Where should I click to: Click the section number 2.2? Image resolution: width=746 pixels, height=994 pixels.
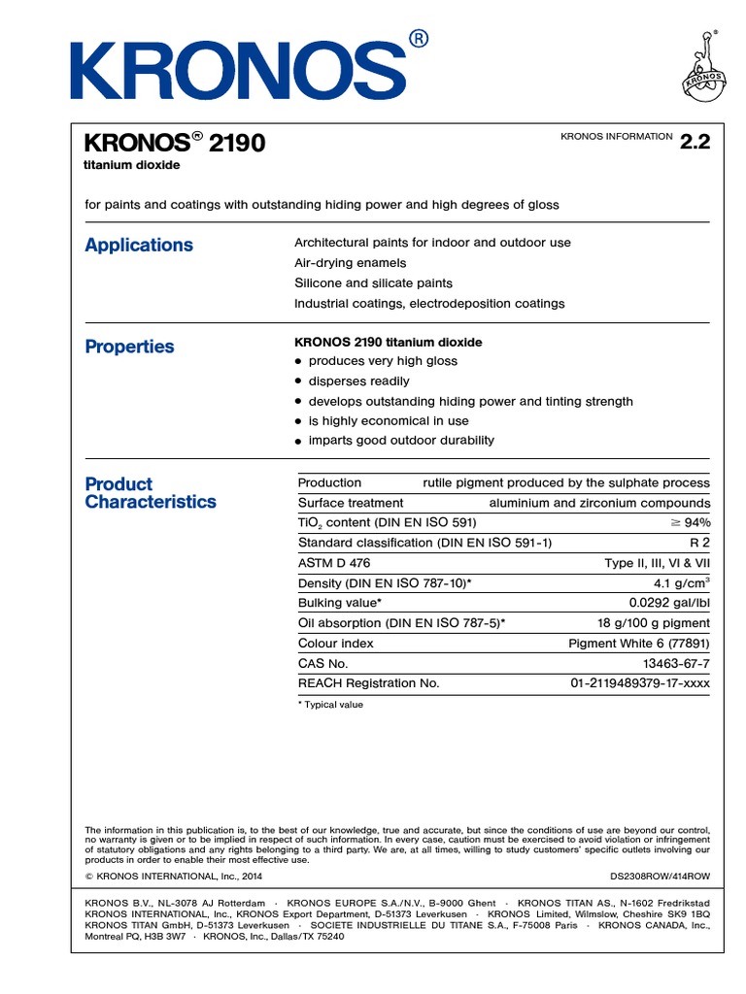pyautogui.click(x=695, y=142)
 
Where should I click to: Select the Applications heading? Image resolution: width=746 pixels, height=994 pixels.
pyautogui.click(x=139, y=245)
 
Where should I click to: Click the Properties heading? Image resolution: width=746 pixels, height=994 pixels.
pyautogui.click(x=129, y=347)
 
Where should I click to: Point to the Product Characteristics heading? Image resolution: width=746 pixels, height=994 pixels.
pyautogui.click(x=151, y=493)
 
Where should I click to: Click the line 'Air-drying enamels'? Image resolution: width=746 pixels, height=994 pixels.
pyautogui.click(x=350, y=263)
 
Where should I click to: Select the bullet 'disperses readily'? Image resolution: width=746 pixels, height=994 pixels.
pyautogui.click(x=358, y=381)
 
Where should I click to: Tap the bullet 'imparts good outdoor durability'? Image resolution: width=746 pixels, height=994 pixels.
pyautogui.click(x=400, y=441)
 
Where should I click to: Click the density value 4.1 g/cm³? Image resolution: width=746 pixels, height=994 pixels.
pyautogui.click(x=682, y=583)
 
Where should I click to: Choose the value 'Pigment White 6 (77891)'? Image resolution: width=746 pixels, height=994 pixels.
pyautogui.click(x=638, y=644)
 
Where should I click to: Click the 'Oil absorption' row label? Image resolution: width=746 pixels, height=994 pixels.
pyautogui.click(x=401, y=623)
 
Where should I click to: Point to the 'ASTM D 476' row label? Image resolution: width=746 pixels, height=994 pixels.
pyautogui.click(x=333, y=563)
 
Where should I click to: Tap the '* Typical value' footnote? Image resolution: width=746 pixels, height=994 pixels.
pyautogui.click(x=330, y=705)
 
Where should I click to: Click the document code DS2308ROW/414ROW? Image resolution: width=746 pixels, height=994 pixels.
pyautogui.click(x=660, y=876)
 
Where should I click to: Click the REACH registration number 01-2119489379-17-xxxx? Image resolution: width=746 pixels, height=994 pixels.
pyautogui.click(x=639, y=683)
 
